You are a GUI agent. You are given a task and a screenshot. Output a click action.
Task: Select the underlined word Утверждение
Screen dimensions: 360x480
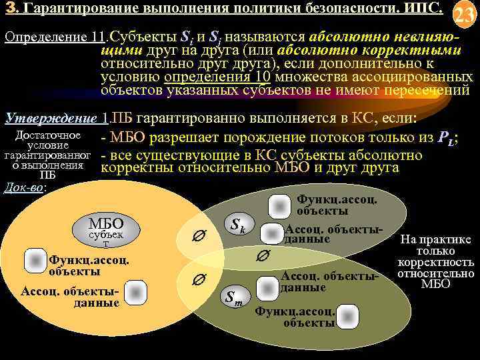tap(51, 118)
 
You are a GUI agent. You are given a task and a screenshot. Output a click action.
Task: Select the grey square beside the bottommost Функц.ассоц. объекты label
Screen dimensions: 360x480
tap(327, 311)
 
